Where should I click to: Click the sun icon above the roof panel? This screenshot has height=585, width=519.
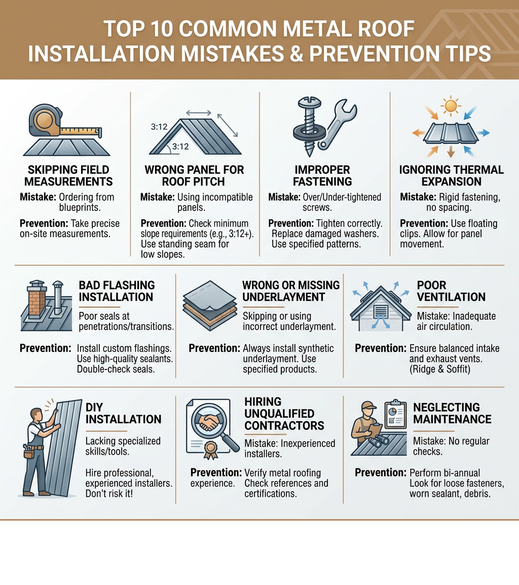tap(450, 106)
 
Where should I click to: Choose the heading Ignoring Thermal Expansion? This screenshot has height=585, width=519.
tap(451, 175)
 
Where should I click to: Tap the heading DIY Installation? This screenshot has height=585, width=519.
tap(123, 413)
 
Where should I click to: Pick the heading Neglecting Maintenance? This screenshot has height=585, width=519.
tap(452, 413)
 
